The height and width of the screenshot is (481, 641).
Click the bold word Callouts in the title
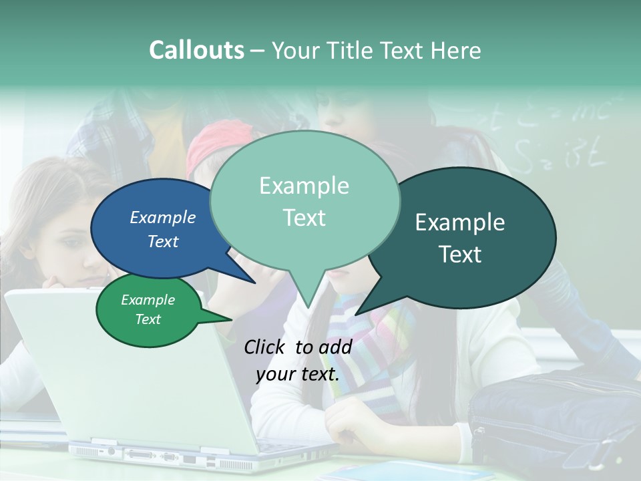(196, 50)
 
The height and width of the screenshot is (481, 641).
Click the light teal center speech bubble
(304, 200)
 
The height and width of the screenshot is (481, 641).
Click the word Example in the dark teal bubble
(460, 222)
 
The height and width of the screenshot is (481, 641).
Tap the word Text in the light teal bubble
(304, 218)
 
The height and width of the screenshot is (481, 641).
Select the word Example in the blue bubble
(162, 218)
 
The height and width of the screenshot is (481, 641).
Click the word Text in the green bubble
(148, 319)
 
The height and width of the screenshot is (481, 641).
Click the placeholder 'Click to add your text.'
(298, 361)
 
